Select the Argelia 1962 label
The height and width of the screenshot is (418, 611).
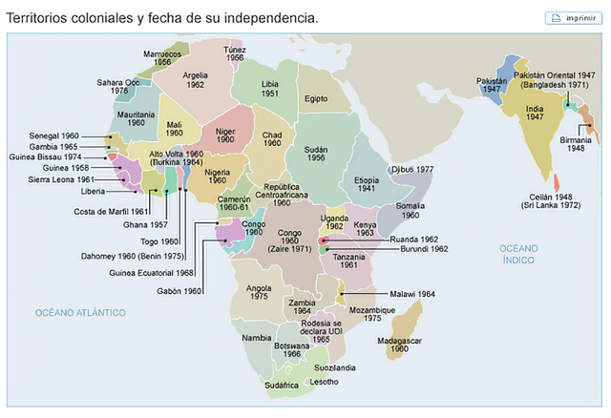coord(195,79)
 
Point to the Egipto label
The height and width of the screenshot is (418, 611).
coord(316,98)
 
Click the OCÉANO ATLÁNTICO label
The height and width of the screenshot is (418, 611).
coord(81,312)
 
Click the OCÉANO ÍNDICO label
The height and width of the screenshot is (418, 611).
coord(519,253)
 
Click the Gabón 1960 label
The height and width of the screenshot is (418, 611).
coord(179,290)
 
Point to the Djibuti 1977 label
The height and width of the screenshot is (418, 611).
coord(412,169)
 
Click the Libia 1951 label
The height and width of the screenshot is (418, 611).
coord(270,89)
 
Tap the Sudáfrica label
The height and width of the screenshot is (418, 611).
coord(283,386)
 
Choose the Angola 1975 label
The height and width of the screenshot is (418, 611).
coord(259,292)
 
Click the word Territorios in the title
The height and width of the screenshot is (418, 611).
coord(39,18)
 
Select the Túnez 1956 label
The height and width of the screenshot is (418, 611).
coord(235,53)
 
